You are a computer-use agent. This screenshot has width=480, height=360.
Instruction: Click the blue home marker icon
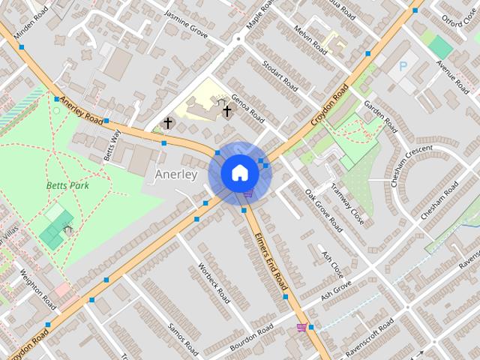click(x=239, y=172)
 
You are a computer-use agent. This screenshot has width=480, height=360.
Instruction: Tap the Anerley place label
click(x=175, y=175)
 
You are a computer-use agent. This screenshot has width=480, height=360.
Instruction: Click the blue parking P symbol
click(x=403, y=67)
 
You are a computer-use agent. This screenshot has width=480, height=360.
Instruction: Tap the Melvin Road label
click(x=310, y=40)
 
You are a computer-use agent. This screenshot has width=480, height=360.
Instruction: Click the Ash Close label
click(x=332, y=260)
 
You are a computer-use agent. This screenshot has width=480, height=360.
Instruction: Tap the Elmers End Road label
click(x=271, y=260)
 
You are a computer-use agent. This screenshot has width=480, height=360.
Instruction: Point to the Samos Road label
click(x=183, y=338)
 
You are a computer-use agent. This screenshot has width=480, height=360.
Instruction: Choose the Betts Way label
click(x=112, y=145)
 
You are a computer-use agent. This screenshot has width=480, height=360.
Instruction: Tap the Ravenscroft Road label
click(x=370, y=339)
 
